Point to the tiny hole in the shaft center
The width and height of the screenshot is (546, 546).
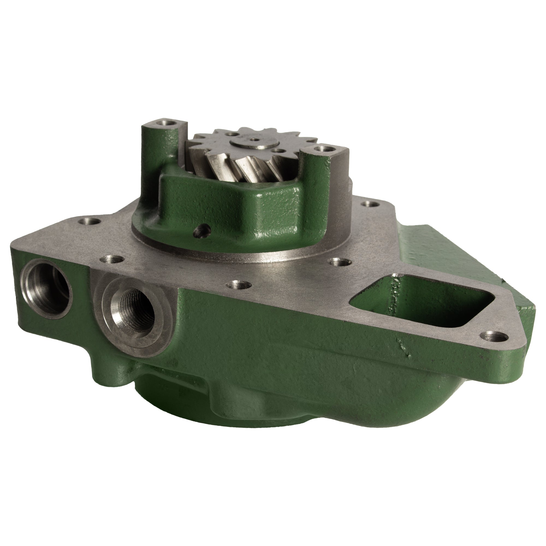[x=255, y=139]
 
